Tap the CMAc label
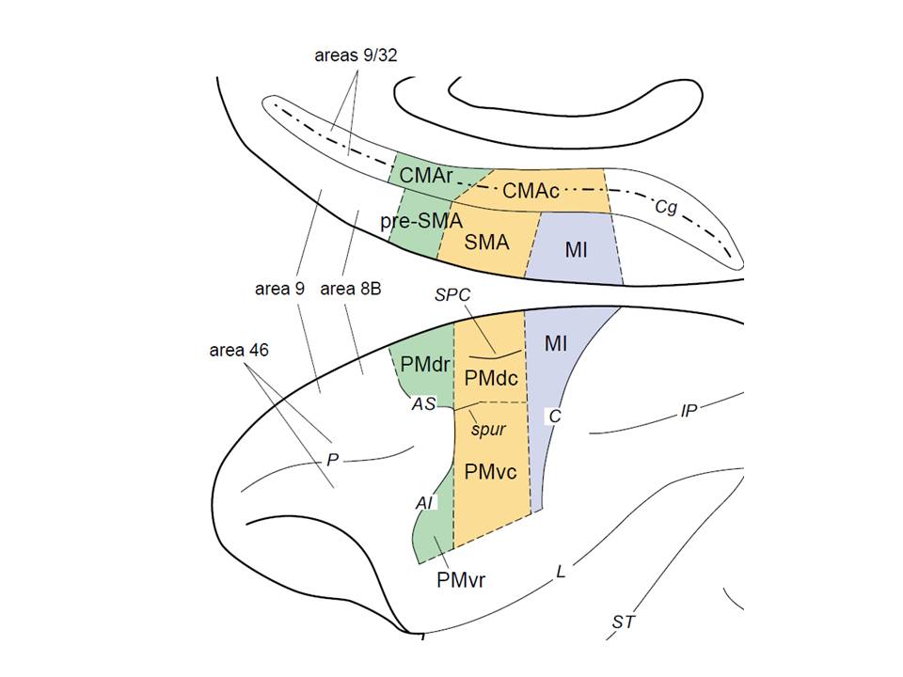(x=531, y=191)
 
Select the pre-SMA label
(x=421, y=221)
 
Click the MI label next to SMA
(x=577, y=249)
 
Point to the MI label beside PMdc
(x=555, y=343)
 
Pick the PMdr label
(x=423, y=362)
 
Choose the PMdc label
(x=491, y=377)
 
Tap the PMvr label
(x=461, y=578)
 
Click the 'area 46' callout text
(x=239, y=351)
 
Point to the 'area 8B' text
(x=351, y=289)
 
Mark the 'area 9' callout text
(x=279, y=289)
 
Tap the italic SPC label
(x=452, y=294)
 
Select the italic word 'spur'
(x=488, y=429)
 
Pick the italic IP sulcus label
(x=689, y=411)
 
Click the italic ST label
(x=623, y=622)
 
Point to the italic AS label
(x=424, y=403)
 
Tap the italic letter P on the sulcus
(x=332, y=460)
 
